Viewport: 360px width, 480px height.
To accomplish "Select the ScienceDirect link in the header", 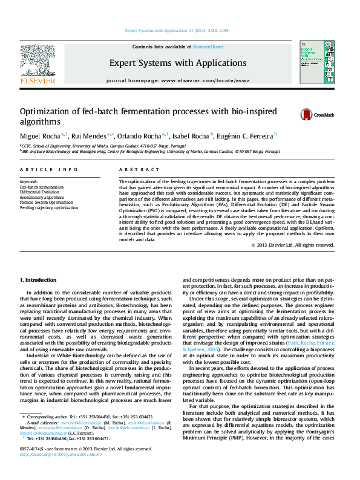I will (209, 47).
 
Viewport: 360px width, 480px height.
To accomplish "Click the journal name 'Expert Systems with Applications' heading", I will (178, 63).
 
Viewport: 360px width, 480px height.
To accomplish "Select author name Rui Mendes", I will (89, 136).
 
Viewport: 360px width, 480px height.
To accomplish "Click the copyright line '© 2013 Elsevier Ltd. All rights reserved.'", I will (293, 245).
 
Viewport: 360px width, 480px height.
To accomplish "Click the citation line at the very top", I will (177, 30).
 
